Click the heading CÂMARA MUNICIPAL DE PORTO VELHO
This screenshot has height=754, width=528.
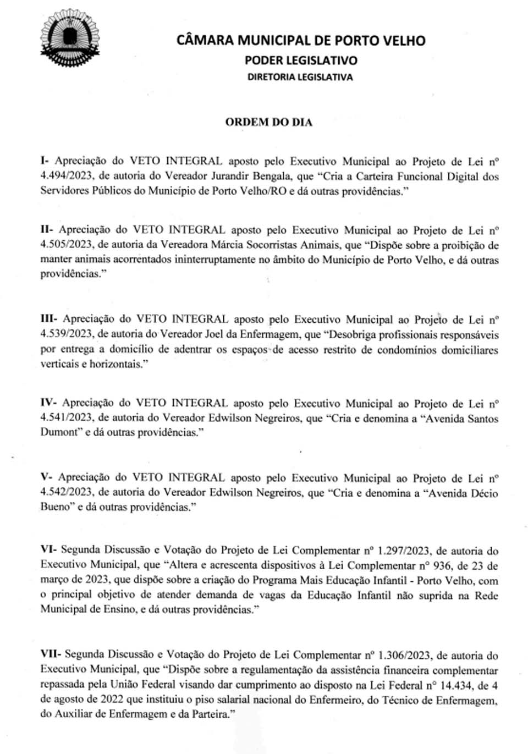pos(301,41)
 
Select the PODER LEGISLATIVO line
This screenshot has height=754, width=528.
pos(301,60)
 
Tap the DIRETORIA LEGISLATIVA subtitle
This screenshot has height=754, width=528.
pos(300,77)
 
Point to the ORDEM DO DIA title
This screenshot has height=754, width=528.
pos(268,122)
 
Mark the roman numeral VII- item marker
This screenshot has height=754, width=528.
pos(51,654)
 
